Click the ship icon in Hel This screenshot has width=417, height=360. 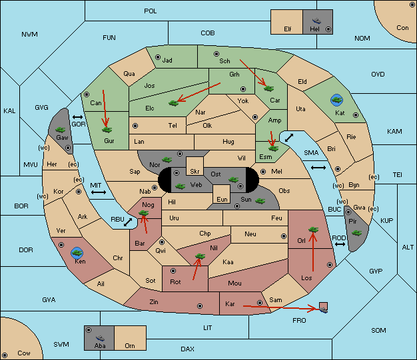[316, 21]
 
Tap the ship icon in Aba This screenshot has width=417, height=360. [100, 338]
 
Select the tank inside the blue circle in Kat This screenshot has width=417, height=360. [336, 100]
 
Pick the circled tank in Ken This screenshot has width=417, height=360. [77, 253]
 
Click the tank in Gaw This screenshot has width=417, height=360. [61, 130]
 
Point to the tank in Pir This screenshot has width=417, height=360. [356, 233]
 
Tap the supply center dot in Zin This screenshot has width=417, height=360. [200, 306]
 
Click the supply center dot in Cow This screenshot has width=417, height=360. [5, 355]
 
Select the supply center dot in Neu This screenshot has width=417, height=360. [284, 236]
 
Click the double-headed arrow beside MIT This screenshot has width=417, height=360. [99, 192]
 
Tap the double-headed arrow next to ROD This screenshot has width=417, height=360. [340, 244]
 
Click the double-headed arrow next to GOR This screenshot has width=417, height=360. [77, 117]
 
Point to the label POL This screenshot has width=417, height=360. [151, 11]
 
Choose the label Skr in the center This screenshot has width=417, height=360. [195, 172]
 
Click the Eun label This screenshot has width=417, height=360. [222, 199]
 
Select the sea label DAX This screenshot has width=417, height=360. [187, 349]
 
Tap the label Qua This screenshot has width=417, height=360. [129, 74]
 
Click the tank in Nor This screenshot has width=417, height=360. [167, 160]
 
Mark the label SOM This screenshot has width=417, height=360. [378, 331]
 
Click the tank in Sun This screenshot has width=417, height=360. [260, 201]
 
